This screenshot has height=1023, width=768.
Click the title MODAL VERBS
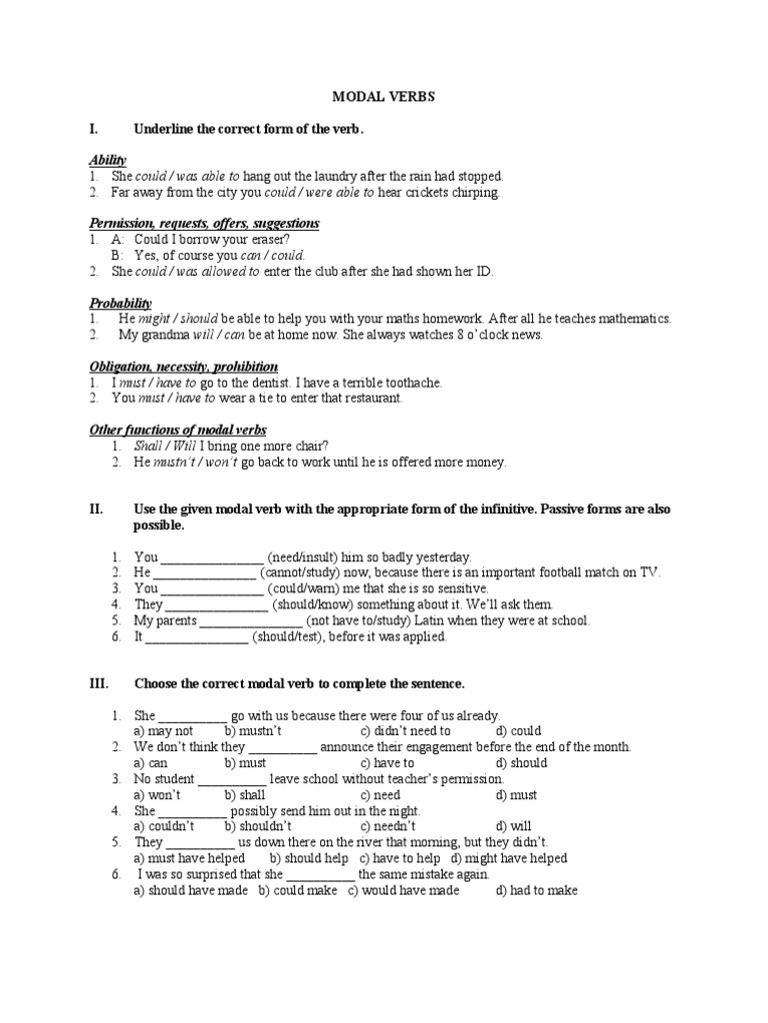383,98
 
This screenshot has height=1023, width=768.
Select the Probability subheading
119,303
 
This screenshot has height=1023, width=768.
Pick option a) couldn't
164,826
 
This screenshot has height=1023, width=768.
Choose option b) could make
298,890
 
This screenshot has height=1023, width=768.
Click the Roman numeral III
97,684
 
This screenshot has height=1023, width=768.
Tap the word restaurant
370,399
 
